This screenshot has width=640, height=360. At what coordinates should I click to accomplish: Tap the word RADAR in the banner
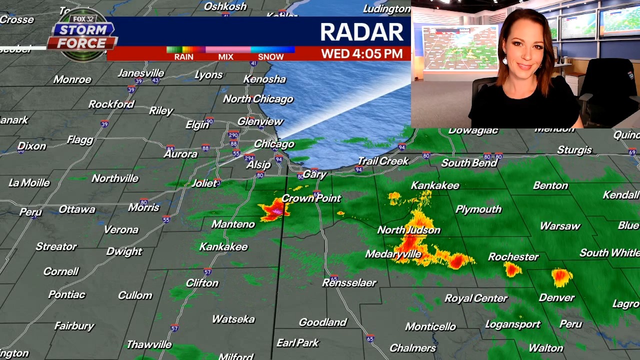[x=361, y=32]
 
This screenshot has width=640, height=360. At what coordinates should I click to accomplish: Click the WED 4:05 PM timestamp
[x=361, y=53]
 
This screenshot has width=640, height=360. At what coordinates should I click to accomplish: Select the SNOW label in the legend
[x=270, y=57]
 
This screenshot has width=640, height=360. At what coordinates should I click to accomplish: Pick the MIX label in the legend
[x=225, y=57]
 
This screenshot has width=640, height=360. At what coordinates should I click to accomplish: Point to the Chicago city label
[x=274, y=144]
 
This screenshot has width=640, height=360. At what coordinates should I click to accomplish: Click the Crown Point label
[x=311, y=198]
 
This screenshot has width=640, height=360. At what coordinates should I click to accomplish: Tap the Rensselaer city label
[x=349, y=283]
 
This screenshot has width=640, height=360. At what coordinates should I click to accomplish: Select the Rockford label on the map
[x=111, y=104]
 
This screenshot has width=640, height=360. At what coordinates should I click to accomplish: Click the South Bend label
[x=469, y=163]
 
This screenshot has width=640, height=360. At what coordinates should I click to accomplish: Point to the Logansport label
[x=512, y=324]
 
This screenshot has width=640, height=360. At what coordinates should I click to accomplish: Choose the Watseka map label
[x=233, y=319]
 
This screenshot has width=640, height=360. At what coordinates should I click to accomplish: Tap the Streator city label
[x=56, y=246]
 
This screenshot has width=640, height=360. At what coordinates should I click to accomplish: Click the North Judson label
[x=408, y=230]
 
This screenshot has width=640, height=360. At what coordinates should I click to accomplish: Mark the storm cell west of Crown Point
[x=274, y=208]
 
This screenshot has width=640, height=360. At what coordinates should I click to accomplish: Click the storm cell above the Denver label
[x=561, y=276]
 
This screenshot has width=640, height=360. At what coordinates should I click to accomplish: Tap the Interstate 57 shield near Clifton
[x=207, y=272]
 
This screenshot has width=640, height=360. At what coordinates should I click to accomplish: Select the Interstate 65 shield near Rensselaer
[x=334, y=278]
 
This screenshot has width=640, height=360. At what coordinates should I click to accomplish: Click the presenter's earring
[x=505, y=61]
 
